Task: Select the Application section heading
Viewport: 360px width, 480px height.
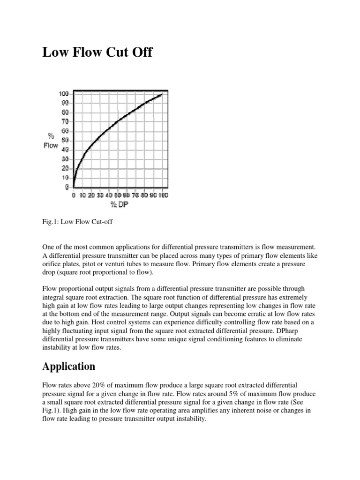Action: pos(69,366)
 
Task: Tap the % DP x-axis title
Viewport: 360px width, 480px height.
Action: pos(120,204)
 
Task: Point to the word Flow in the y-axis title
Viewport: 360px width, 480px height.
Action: pos(51,145)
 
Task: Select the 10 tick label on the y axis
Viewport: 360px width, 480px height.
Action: pos(65,178)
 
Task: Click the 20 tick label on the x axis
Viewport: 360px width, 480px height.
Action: pos(91,195)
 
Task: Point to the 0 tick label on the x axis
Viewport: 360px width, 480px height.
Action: pos(73,195)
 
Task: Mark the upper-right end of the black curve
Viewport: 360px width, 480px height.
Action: pos(162,95)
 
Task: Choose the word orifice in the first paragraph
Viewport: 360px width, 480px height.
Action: pos(52,264)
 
